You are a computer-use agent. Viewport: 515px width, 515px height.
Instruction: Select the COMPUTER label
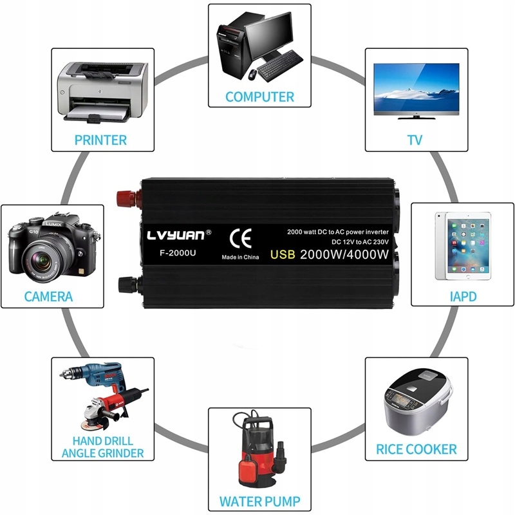click(x=259, y=97)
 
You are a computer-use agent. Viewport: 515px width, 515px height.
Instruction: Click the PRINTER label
click(x=100, y=140)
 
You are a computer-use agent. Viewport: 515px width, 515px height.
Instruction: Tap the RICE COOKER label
click(x=417, y=449)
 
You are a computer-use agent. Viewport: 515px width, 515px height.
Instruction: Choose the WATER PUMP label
click(x=259, y=501)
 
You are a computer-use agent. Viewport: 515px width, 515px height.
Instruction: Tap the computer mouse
click(x=252, y=75)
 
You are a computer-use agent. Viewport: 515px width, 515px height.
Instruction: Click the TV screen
click(x=417, y=88)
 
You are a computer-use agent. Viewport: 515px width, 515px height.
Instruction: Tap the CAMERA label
click(x=48, y=297)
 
